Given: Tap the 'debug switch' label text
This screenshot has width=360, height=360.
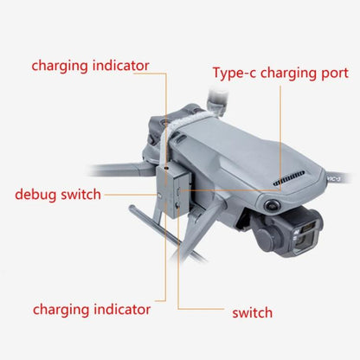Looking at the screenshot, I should pyautogui.click(x=58, y=193).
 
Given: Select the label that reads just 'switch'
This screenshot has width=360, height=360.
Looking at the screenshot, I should pyautogui.click(x=253, y=312).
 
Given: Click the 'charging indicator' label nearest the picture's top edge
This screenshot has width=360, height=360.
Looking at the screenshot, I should pyautogui.click(x=92, y=65).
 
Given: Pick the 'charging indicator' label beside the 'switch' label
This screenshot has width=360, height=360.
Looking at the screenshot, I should pyautogui.click(x=92, y=309).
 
